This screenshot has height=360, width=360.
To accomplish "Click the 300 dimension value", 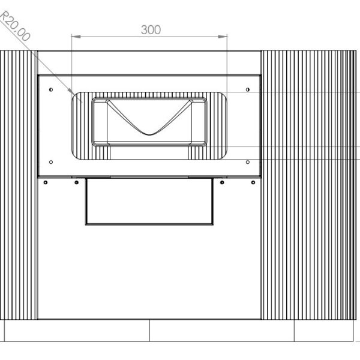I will pos(150,29).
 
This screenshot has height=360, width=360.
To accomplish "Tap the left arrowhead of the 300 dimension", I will pos(74,37).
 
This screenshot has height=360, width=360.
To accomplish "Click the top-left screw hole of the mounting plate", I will pos(50,89).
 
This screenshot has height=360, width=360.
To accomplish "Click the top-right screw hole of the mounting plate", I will pos(247,89).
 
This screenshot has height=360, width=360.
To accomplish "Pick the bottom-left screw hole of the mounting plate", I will pos(50,161).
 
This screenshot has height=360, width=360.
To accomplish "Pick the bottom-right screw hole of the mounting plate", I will pos(247,161).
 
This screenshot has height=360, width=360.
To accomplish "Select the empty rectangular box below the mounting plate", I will pos(149,202).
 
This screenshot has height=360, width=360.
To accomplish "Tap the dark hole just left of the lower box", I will pos(76,182).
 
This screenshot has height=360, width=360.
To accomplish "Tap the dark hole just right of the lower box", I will pos(222,182).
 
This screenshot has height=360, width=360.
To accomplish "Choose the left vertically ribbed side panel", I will pos(19,186).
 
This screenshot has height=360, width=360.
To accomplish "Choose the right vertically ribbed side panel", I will pos(308,186).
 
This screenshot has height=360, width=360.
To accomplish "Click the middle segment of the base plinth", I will pos(221,330).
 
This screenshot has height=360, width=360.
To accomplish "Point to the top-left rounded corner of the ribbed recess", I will pos(76,97).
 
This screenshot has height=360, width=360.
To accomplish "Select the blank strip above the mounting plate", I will pos(149,63).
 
